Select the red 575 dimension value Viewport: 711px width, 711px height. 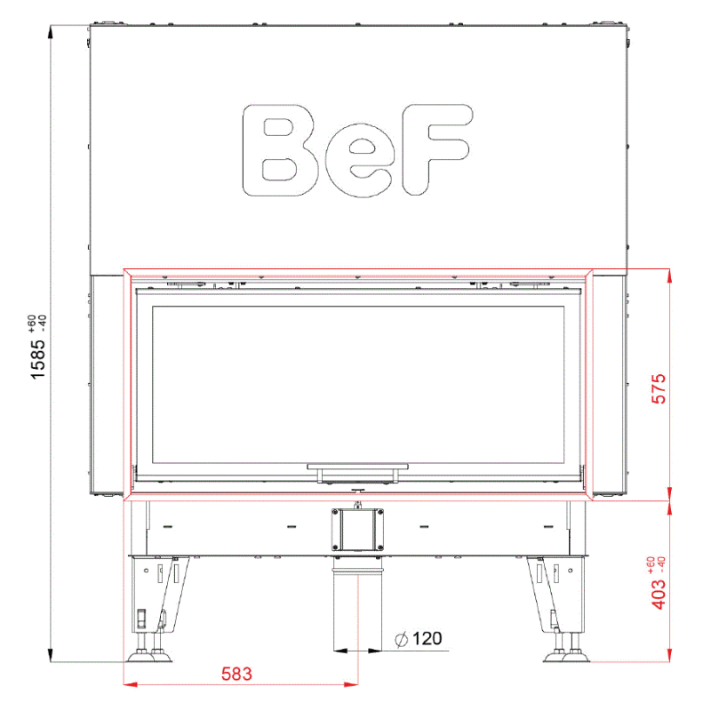(659, 388)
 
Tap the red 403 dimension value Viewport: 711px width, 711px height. (659, 594)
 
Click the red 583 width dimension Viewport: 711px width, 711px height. (236, 674)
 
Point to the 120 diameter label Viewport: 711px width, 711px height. (427, 638)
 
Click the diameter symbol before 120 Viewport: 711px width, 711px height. (402, 640)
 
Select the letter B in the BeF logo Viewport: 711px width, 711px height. (280, 150)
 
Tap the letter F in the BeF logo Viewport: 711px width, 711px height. (436, 149)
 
